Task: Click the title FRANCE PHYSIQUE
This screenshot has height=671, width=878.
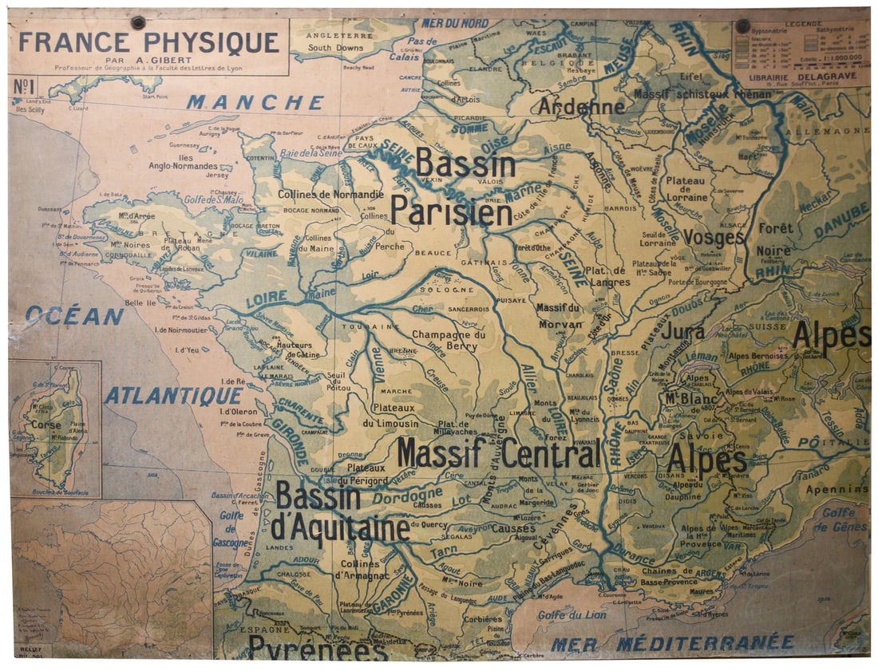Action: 148,42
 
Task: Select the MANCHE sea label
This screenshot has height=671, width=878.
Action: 255,103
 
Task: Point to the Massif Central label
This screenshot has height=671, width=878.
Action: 498,454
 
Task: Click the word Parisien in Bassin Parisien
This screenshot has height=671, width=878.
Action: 451,212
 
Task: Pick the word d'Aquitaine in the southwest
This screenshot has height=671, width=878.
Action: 340,528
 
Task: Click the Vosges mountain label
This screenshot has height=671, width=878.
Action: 713,238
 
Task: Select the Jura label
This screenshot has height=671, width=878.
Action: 682,331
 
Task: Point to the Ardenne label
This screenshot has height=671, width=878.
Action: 581,106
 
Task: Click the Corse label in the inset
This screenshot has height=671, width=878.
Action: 46,425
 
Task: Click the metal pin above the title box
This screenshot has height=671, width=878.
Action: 138,22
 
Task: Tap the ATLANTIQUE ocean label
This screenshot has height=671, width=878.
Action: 173,396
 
